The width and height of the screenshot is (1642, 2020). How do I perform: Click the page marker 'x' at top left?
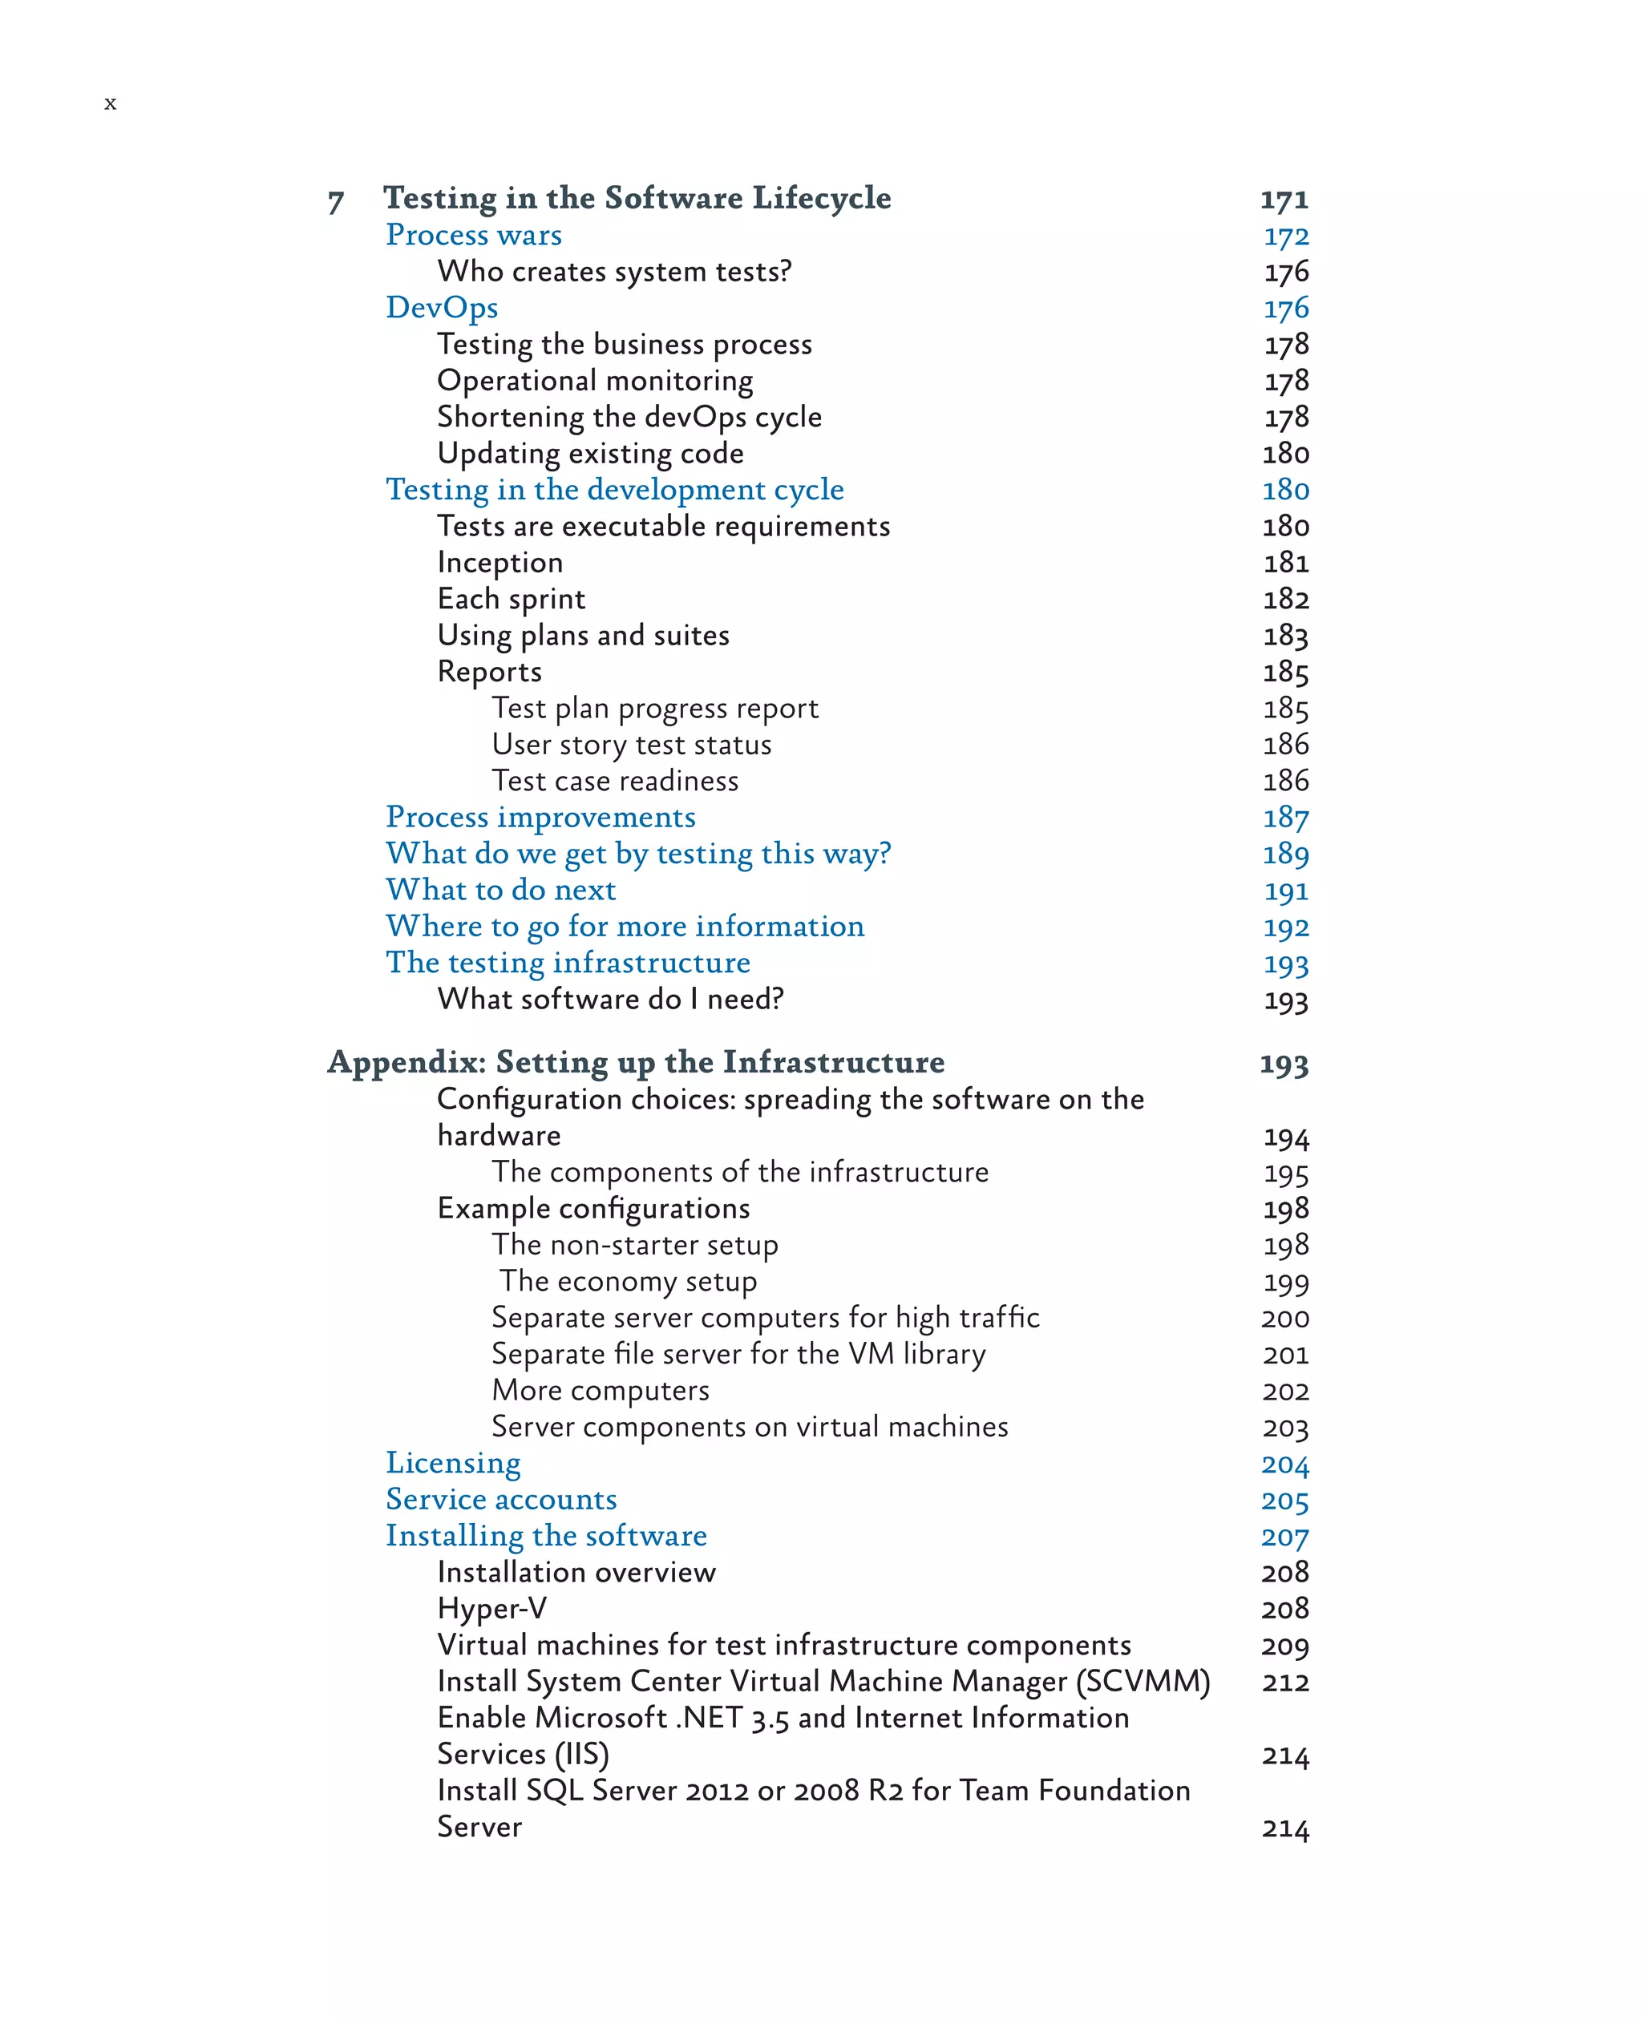pyautogui.click(x=111, y=103)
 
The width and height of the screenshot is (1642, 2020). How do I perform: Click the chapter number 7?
pyautogui.click(x=336, y=201)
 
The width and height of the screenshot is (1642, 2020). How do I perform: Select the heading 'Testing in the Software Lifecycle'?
pyautogui.click(x=637, y=198)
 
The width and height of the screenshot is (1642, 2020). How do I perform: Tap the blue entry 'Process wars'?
pyautogui.click(x=474, y=235)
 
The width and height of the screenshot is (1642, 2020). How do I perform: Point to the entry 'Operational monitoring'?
pyautogui.click(x=595, y=380)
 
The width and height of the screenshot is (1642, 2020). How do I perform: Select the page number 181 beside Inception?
pyautogui.click(x=1285, y=563)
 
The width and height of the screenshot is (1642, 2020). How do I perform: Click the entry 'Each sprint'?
pyautogui.click(x=511, y=599)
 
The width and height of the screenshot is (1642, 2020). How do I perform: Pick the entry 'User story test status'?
pyautogui.click(x=631, y=744)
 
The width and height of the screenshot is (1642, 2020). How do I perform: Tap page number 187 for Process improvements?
pyautogui.click(x=1285, y=817)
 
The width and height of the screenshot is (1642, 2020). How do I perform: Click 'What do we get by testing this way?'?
pyautogui.click(x=638, y=854)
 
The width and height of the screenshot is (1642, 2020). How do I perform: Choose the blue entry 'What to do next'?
pyautogui.click(x=500, y=890)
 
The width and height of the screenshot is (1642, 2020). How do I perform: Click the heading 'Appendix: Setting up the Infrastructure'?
pyautogui.click(x=636, y=1062)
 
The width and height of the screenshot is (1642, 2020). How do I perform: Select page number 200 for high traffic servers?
pyautogui.click(x=1284, y=1317)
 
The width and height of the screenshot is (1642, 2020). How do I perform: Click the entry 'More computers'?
pyautogui.click(x=600, y=1390)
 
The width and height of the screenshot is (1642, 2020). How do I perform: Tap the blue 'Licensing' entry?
pyautogui.click(x=453, y=1463)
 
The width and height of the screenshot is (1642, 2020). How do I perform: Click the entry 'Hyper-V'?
pyautogui.click(x=491, y=1609)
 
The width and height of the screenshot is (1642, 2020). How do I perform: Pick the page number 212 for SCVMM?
pyautogui.click(x=1284, y=1682)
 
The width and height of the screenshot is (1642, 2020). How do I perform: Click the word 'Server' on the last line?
pyautogui.click(x=479, y=1827)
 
